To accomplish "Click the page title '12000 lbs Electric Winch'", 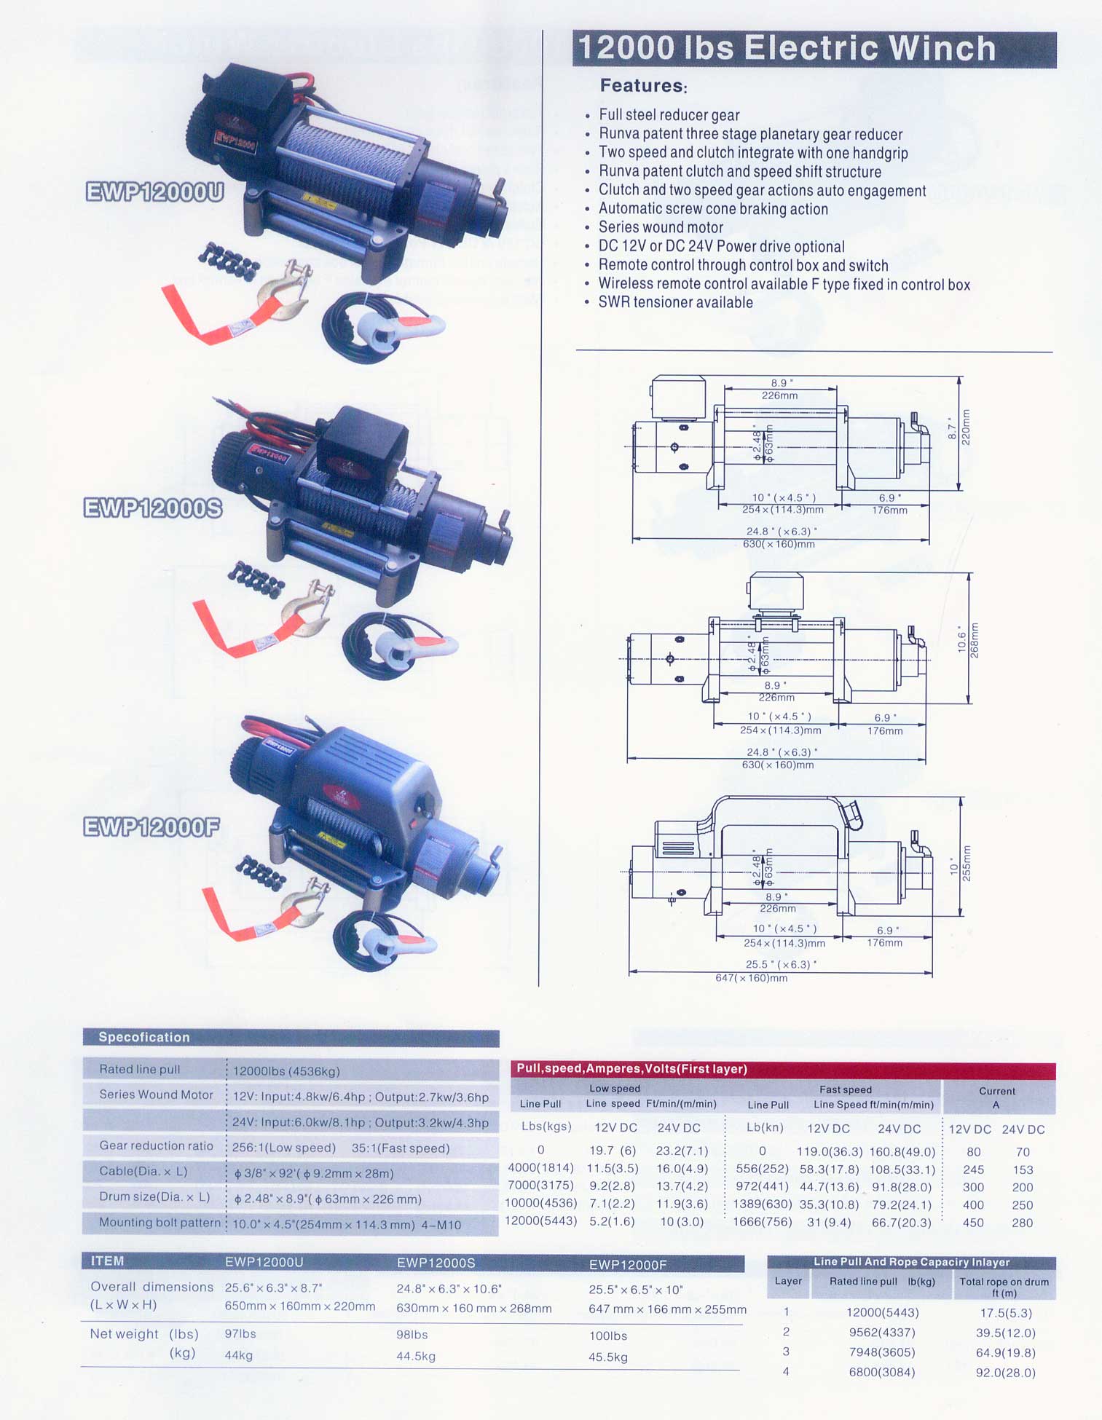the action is [x=787, y=49].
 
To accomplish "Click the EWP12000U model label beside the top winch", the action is [x=154, y=192].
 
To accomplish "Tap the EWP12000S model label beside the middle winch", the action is [x=153, y=508].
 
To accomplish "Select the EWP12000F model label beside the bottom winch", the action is [x=151, y=827].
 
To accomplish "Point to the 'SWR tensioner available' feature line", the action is [x=675, y=303].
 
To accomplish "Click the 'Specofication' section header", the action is [x=144, y=1037].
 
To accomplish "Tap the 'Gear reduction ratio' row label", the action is [x=156, y=1145].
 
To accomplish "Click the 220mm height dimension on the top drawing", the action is [x=967, y=427].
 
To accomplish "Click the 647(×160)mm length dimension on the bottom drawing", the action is [x=752, y=978].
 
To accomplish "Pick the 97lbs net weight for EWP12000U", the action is [x=240, y=1334].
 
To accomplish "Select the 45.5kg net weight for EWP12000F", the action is [x=608, y=1357].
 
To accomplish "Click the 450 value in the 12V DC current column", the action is [x=973, y=1223].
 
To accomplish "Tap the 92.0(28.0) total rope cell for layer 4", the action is [x=1005, y=1373].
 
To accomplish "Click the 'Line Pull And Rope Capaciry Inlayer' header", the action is [x=912, y=1262].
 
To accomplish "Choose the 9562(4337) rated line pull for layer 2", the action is [x=882, y=1333].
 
